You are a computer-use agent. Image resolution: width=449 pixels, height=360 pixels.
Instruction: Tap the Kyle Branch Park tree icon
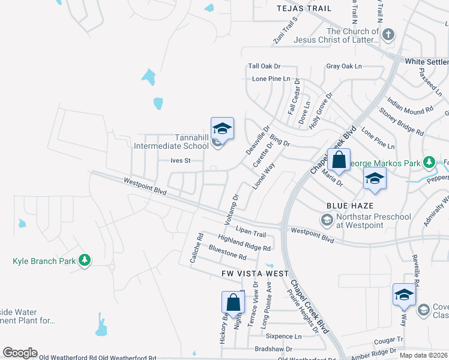point(85,260)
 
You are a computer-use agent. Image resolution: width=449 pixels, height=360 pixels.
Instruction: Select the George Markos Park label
point(385,163)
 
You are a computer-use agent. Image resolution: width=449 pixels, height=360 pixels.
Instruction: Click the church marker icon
point(388,35)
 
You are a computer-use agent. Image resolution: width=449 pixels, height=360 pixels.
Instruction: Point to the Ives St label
point(180,161)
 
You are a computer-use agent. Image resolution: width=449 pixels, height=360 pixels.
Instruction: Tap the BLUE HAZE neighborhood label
point(346,205)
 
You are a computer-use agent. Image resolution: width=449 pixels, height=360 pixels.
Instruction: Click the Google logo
point(20,353)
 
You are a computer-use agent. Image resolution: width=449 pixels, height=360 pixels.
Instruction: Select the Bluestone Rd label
point(228,252)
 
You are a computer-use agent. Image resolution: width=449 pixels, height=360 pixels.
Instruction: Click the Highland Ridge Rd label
point(244,242)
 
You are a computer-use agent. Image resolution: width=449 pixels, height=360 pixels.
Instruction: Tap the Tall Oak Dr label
point(265,67)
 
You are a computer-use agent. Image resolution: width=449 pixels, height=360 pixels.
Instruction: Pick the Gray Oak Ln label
point(344,67)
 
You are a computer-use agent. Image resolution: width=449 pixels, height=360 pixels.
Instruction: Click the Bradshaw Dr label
point(273,349)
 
